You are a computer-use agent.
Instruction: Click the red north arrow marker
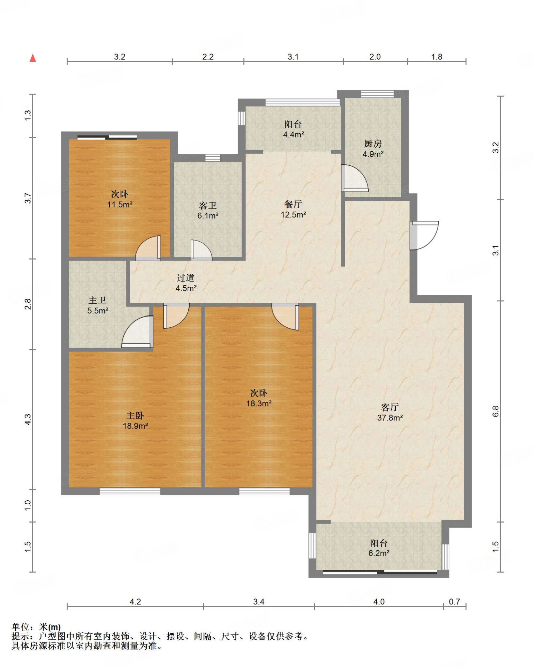pyautogui.click(x=33, y=58)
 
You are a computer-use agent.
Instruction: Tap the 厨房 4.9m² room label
pyautogui.click(x=373, y=149)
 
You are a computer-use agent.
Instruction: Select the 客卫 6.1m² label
pyautogui.click(x=208, y=210)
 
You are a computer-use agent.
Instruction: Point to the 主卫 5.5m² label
pyautogui.click(x=98, y=305)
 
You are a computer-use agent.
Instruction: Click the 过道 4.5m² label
pyautogui.click(x=186, y=283)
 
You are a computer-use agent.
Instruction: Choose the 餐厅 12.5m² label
pyautogui.click(x=293, y=209)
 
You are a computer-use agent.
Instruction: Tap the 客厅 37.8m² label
pyautogui.click(x=390, y=412)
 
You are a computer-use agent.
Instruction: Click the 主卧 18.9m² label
pyautogui.click(x=135, y=420)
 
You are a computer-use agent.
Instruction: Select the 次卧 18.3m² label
pyautogui.click(x=259, y=398)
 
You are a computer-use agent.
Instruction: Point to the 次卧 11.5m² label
pyautogui.click(x=120, y=199)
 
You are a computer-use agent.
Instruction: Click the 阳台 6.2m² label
pyautogui.click(x=379, y=548)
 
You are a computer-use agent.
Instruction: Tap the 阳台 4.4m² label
pyautogui.click(x=293, y=129)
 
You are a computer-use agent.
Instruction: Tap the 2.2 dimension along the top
pyautogui.click(x=208, y=57)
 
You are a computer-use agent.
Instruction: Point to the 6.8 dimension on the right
pyautogui.click(x=496, y=411)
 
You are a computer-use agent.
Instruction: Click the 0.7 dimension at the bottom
pyautogui.click(x=454, y=601)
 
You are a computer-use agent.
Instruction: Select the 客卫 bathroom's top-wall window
pyautogui.click(x=213, y=158)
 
